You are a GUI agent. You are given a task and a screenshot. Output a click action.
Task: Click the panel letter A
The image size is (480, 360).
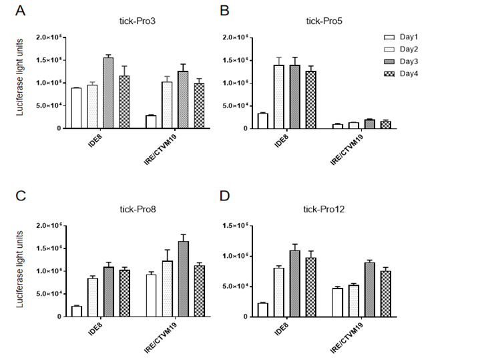point(22,11)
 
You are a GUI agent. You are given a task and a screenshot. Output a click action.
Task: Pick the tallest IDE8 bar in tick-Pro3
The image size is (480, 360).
point(107,93)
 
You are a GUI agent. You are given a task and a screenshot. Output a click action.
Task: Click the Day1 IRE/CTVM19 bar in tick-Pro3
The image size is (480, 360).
point(152,122)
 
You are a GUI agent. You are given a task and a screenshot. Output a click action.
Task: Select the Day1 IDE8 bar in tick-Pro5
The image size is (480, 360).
point(262,121)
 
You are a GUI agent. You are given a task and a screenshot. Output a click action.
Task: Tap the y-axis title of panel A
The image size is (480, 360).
point(21,81)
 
